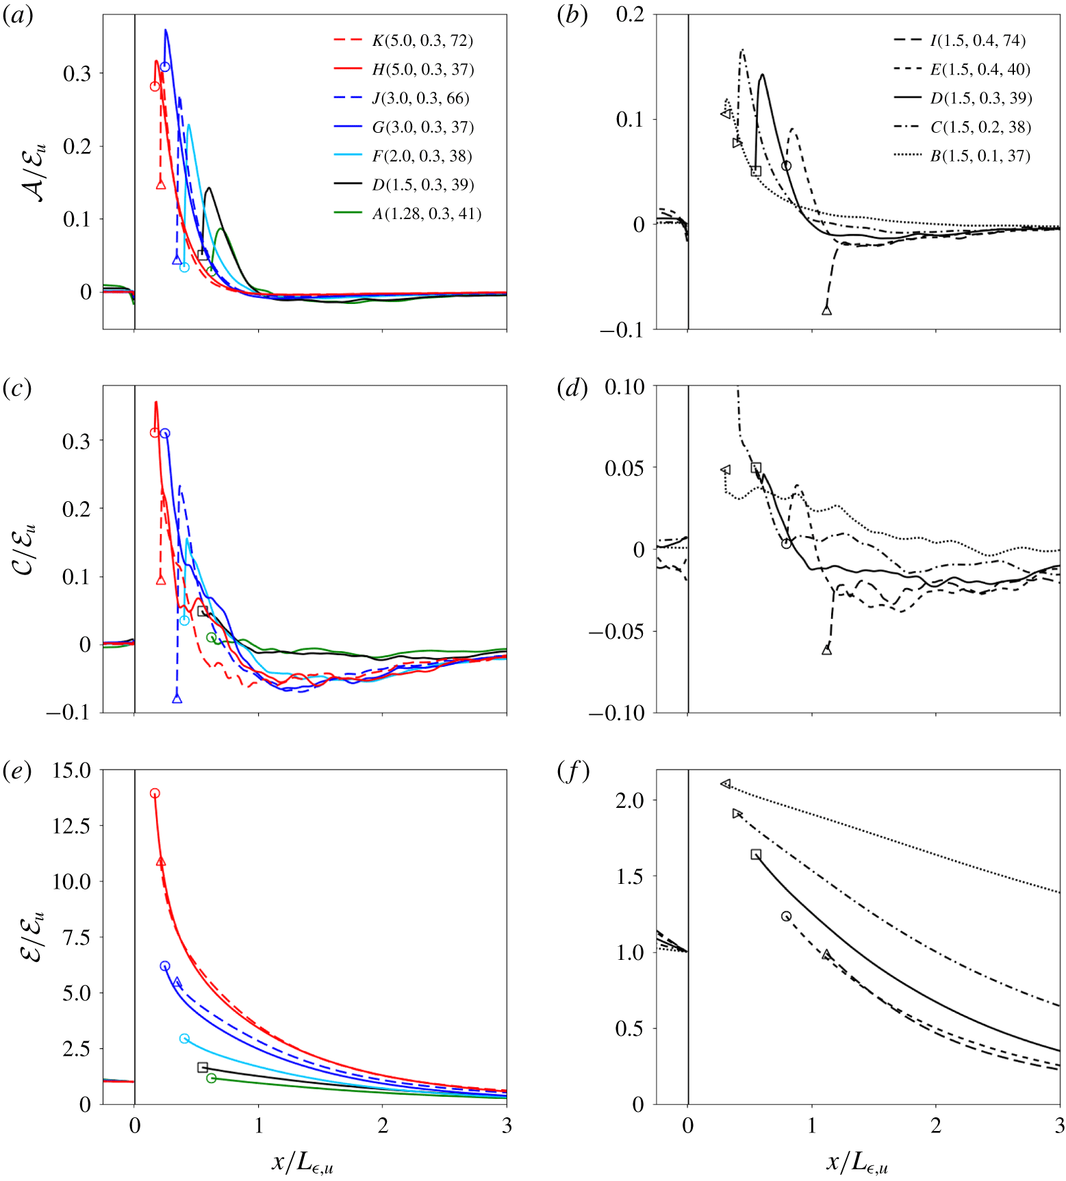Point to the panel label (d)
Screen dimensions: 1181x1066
[x=572, y=388]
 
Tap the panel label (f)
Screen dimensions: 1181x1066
[x=572, y=772]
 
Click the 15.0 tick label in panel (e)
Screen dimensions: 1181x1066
[x=71, y=770]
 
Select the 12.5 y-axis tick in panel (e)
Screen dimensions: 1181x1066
[x=71, y=826]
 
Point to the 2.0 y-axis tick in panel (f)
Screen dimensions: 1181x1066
[x=630, y=800]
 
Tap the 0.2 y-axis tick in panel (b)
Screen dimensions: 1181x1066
[x=630, y=14]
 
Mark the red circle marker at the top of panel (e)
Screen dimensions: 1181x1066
[x=155, y=793]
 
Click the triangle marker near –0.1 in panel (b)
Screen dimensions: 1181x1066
[x=826, y=310]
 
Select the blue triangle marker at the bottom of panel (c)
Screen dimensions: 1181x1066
[x=177, y=698]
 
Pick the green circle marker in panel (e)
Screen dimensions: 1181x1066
[x=212, y=1078]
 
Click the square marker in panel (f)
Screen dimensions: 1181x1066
[x=756, y=854]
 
